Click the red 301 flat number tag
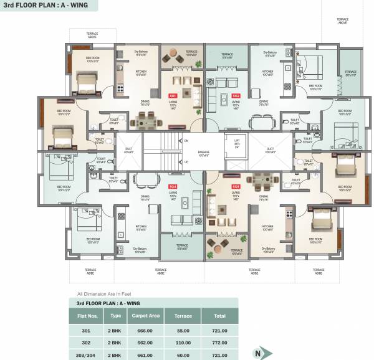pyautogui.click(x=173, y=95)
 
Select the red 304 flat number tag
pyautogui.click(x=173, y=186)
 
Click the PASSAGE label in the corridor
pyautogui.click(x=203, y=153)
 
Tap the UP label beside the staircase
pyautogui.click(x=186, y=162)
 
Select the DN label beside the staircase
pyautogui.click(x=186, y=141)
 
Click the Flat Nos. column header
pyautogui.click(x=86, y=316)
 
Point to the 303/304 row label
pyautogui.click(x=86, y=354)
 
